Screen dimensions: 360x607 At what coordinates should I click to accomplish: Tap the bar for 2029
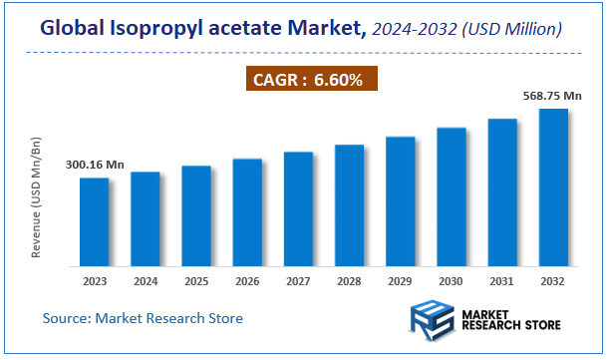click(x=400, y=200)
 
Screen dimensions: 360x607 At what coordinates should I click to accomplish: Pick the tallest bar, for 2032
click(x=553, y=186)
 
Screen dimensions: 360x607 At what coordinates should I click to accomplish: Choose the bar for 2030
click(x=451, y=196)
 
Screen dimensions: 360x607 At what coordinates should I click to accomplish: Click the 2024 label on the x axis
click(x=146, y=281)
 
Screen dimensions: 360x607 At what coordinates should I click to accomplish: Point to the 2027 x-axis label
click(x=298, y=281)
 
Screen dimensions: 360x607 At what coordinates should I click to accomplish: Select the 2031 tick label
click(x=502, y=281)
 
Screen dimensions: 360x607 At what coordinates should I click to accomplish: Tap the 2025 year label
click(x=196, y=281)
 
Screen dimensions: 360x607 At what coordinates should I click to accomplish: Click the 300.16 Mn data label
click(x=95, y=165)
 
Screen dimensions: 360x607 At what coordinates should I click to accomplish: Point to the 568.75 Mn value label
click(x=552, y=96)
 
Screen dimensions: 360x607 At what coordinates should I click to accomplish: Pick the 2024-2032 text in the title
click(x=412, y=31)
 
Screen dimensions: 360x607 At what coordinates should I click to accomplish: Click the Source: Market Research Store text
click(x=143, y=318)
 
